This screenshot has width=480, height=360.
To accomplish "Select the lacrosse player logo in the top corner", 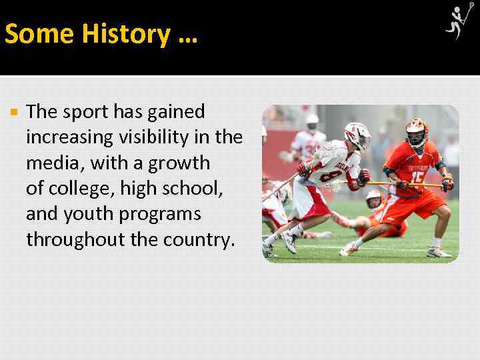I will point(460,21).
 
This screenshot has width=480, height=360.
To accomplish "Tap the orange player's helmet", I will point(415,131).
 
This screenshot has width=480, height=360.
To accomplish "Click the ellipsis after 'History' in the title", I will point(188,34).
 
